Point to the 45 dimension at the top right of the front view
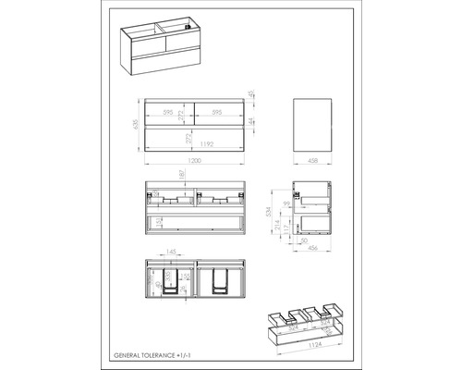[252, 105]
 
